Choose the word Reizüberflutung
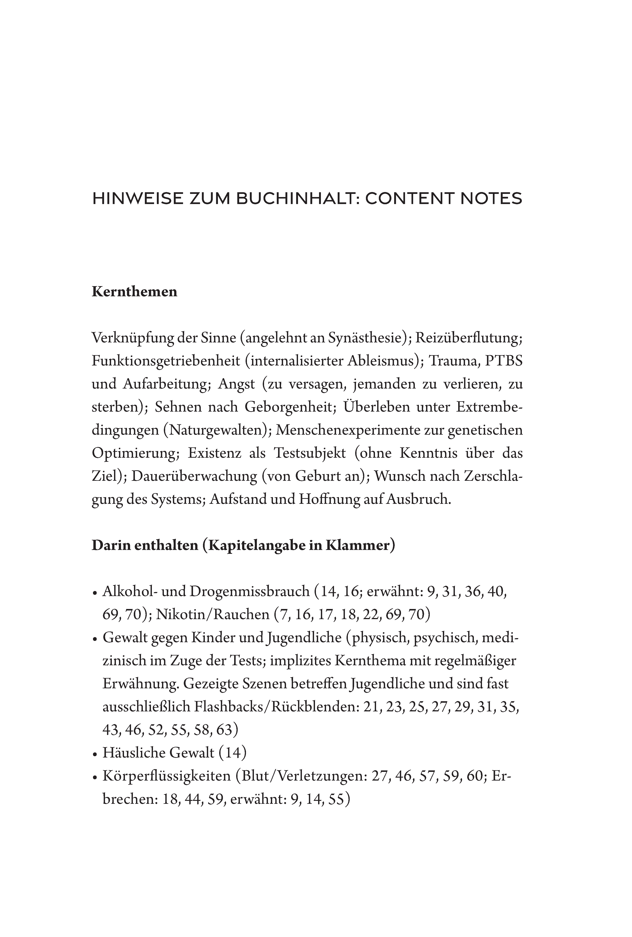[469, 338]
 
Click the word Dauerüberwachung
[194, 476]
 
